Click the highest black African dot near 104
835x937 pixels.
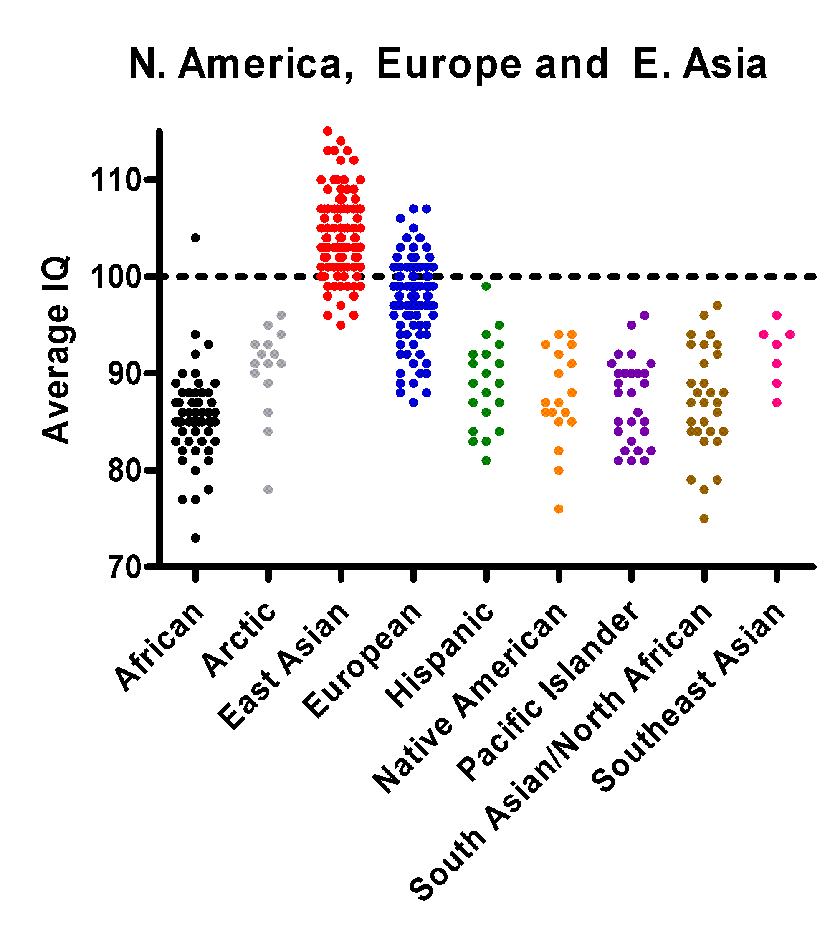(195, 237)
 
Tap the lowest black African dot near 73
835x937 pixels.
(195, 538)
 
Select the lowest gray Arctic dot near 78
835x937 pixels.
(268, 490)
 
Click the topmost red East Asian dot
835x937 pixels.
(328, 131)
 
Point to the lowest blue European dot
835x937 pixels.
(413, 403)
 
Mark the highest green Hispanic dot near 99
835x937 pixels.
(486, 286)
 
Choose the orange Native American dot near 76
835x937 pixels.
(559, 509)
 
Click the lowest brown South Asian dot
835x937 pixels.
(704, 519)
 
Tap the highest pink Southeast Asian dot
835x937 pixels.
(777, 316)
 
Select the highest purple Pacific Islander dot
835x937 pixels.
(645, 316)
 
